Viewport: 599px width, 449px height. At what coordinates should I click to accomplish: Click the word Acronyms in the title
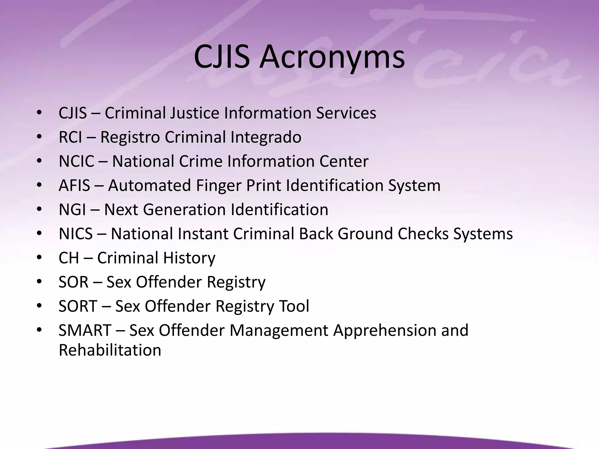(332, 57)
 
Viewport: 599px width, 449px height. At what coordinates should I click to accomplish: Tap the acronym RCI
(70, 137)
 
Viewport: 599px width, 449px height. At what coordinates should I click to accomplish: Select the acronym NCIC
(76, 161)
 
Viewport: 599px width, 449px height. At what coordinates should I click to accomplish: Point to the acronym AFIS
(74, 186)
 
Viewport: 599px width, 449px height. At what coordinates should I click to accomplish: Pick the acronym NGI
(72, 210)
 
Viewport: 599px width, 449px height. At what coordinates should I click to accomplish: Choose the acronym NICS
(76, 234)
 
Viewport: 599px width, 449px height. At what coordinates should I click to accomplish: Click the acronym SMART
(85, 330)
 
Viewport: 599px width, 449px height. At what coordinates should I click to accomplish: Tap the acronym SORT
(78, 306)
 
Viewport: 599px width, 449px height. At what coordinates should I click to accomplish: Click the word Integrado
(266, 138)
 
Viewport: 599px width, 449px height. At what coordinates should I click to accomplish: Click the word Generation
(185, 210)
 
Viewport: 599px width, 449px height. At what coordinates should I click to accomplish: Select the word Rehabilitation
(110, 350)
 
